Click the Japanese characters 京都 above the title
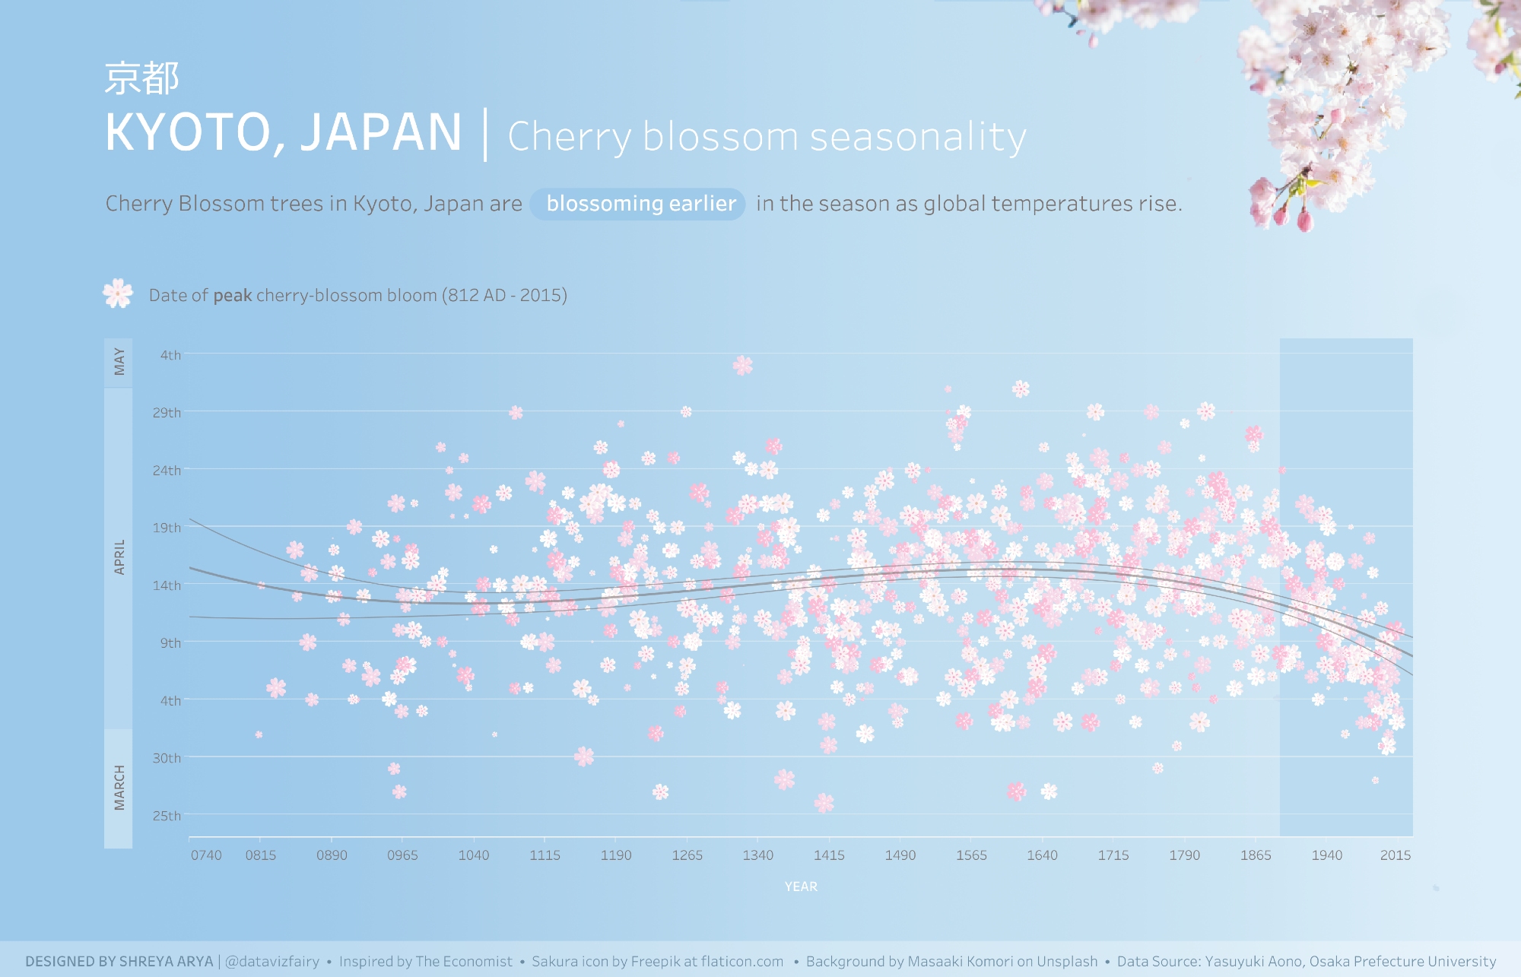pos(141,79)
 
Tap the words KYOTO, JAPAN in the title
pos(284,133)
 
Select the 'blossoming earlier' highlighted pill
pos(640,204)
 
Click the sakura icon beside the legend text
pos(118,293)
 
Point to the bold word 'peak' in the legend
pos(232,296)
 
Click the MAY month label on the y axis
pos(119,362)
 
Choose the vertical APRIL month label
pos(119,557)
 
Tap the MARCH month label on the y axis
pos(119,788)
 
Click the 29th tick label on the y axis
pos(167,413)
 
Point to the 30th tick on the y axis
pos(167,758)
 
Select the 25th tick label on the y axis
pos(167,816)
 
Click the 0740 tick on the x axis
pos(206,855)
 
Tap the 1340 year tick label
pos(757,855)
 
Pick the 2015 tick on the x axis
pos(1395,855)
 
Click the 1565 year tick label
pos(971,855)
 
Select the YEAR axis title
pos(801,887)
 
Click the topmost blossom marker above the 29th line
pos(743,366)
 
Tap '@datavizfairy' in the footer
pos(272,962)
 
